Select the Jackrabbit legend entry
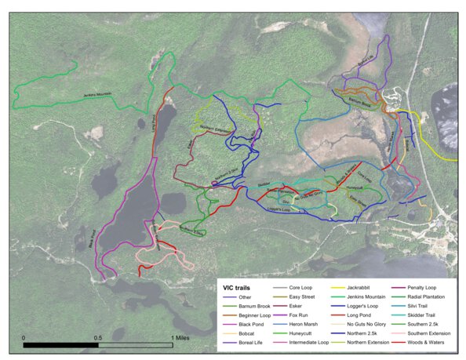click(353, 288)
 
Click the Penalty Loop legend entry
click(424, 288)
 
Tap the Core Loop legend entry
click(301, 288)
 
